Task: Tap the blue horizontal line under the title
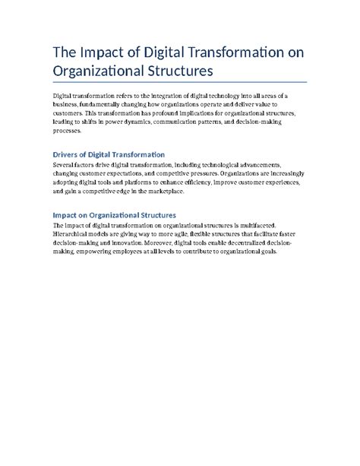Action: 179,81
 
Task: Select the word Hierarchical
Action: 74,233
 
